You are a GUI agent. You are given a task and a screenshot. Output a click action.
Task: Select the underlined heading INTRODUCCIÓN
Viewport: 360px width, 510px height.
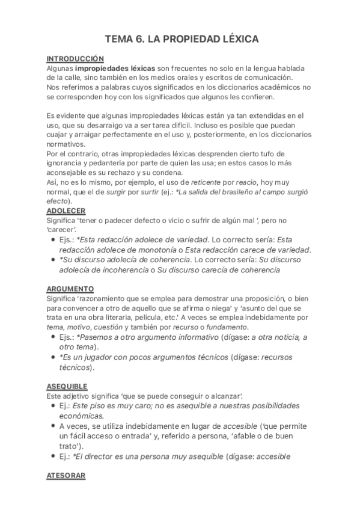[76, 59]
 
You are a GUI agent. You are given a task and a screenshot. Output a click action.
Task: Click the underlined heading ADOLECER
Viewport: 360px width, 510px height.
[66, 210]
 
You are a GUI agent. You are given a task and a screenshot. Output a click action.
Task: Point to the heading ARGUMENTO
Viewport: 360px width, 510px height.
[70, 289]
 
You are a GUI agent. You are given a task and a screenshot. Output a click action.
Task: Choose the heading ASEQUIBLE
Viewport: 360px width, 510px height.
[67, 386]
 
